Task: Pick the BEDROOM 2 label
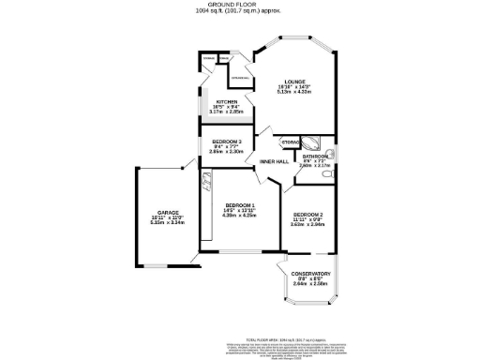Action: pos(307,212)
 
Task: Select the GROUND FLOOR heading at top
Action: pos(240,5)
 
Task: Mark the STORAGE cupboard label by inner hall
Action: pos(290,142)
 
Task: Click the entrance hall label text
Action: pos(239,78)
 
